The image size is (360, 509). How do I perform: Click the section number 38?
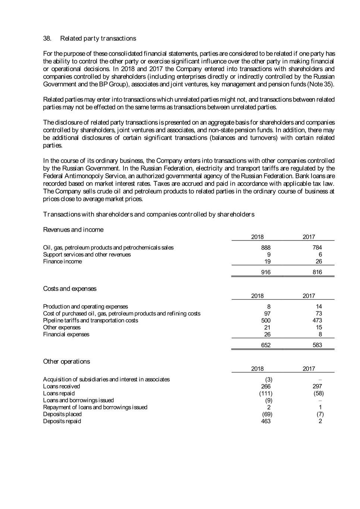click(47, 38)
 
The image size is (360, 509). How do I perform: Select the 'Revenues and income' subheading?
click(73, 230)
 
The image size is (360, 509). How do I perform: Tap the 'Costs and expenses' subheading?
click(69, 289)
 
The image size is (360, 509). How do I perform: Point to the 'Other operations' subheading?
click(66, 361)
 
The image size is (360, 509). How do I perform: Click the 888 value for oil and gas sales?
click(266, 248)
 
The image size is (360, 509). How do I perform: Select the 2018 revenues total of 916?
click(266, 272)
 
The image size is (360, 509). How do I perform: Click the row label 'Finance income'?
click(62, 261)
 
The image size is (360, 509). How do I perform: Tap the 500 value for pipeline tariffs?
click(266, 320)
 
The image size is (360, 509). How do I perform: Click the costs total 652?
click(266, 345)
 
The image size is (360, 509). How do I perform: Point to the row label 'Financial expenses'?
click(66, 334)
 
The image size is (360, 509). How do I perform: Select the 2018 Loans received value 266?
click(266, 386)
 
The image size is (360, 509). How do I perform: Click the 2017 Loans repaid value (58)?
click(318, 393)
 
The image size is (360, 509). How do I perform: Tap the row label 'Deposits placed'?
click(62, 414)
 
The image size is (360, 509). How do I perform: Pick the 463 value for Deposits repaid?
click(266, 421)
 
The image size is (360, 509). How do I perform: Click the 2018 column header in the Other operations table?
click(257, 369)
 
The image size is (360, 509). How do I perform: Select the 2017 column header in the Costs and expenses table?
click(309, 296)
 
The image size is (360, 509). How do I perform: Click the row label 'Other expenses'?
click(62, 327)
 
